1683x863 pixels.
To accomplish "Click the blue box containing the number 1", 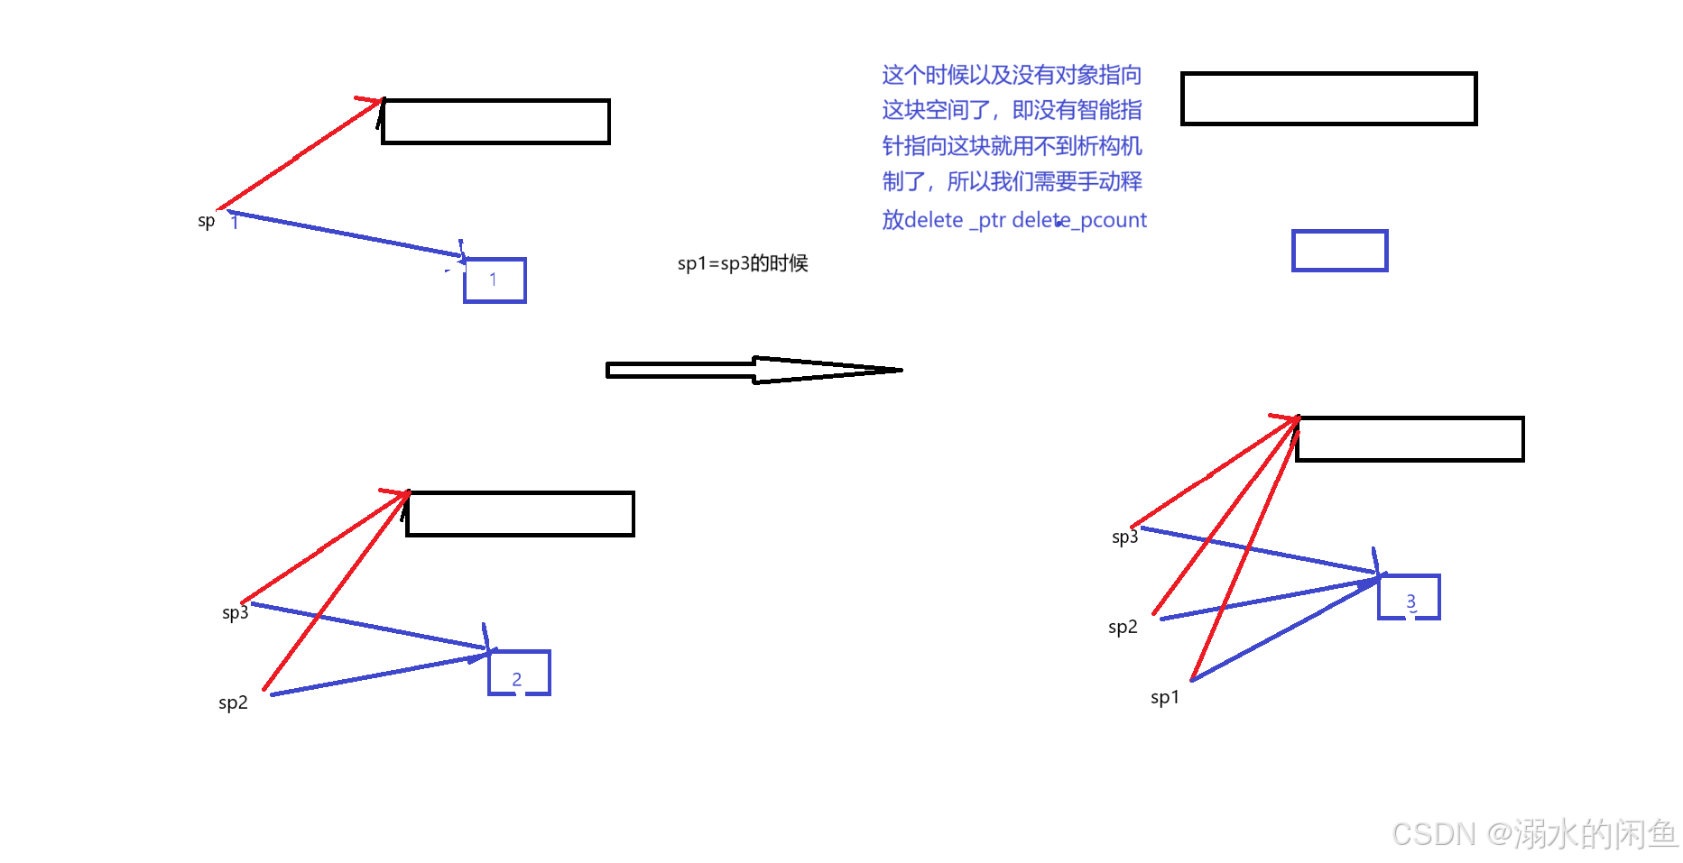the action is point(495,280).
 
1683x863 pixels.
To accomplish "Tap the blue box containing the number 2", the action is point(519,673).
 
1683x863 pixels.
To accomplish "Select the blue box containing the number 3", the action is point(1409,597).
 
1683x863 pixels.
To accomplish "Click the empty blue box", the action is point(1339,251).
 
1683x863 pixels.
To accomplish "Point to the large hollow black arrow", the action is point(754,370).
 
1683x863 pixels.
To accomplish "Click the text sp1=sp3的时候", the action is point(743,263).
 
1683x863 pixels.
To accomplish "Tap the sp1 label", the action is point(1164,697).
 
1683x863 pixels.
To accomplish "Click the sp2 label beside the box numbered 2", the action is point(233,702).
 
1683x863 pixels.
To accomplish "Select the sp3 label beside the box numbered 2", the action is point(235,612).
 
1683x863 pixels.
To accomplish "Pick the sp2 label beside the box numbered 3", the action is point(1123,627).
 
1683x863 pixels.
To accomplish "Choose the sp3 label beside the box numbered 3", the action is point(1124,537).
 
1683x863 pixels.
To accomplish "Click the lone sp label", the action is point(207,221).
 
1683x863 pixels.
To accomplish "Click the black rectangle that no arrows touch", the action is point(1328,98).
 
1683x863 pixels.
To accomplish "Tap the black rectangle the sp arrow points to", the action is point(495,122).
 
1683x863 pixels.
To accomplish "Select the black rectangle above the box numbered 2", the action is point(520,514).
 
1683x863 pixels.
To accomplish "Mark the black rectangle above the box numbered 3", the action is point(1410,439).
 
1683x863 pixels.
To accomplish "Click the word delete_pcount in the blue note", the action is point(1097,220).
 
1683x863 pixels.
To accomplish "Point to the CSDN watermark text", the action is point(1534,834).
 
